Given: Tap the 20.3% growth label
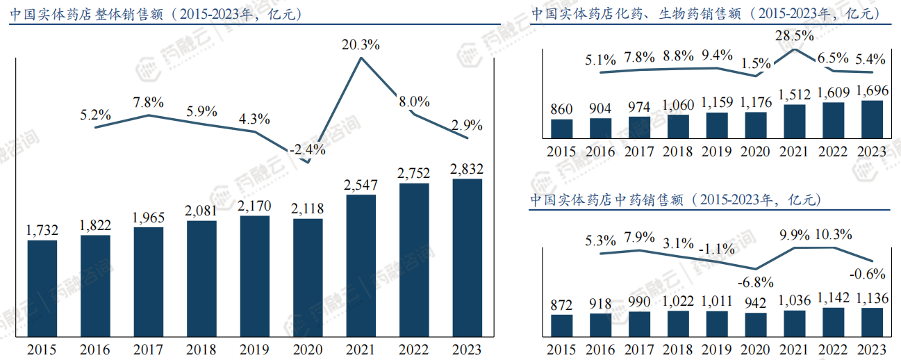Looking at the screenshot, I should pyautogui.click(x=361, y=46).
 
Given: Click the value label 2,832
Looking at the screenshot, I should pyautogui.click(x=467, y=169).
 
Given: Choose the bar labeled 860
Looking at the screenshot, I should pyautogui.click(x=561, y=129).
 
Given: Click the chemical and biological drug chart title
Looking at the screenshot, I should pyautogui.click(x=706, y=14).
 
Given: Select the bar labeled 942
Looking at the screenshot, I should pyautogui.click(x=756, y=324).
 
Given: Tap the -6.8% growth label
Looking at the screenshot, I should pyautogui.click(x=756, y=282).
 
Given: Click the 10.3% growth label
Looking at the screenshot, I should pyautogui.click(x=834, y=235).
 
